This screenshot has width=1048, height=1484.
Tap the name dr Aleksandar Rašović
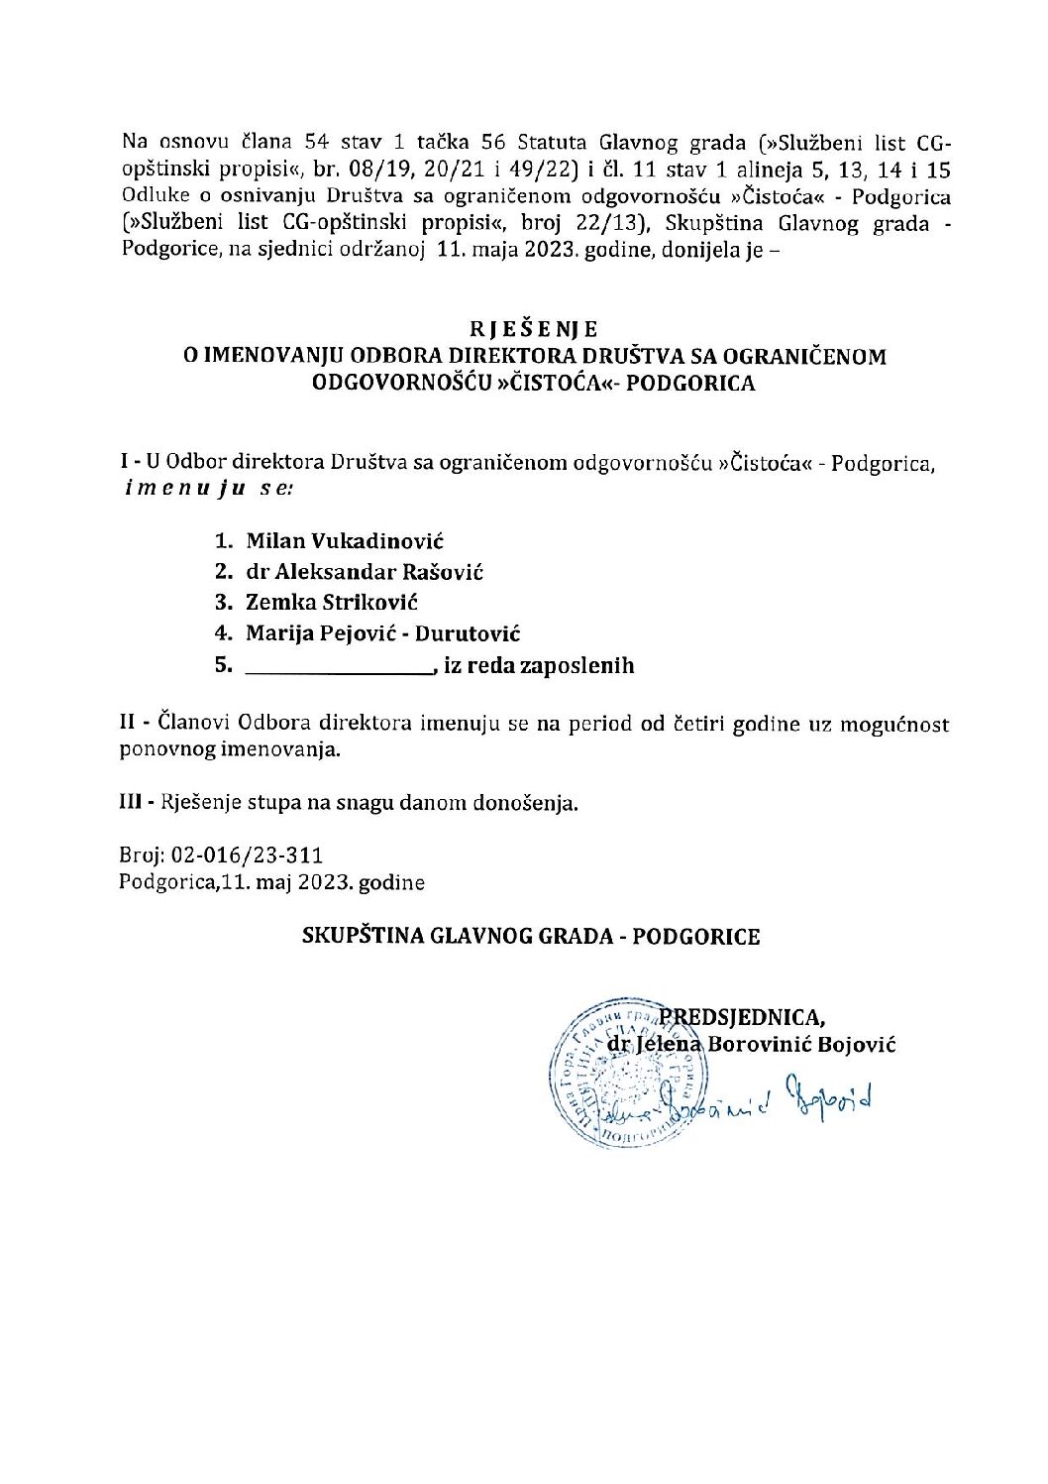point(365,572)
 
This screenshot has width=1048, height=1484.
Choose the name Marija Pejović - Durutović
point(383,633)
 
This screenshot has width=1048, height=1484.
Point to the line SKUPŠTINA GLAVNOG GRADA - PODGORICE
point(531,937)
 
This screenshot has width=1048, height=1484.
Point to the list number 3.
point(223,603)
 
